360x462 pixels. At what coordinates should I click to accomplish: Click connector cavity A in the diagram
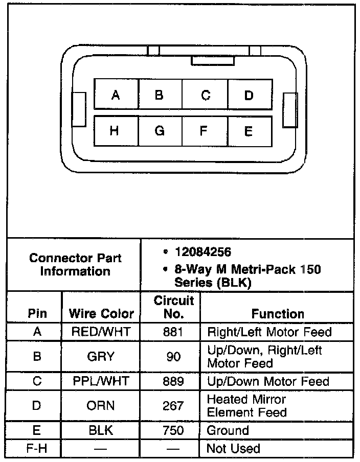116,95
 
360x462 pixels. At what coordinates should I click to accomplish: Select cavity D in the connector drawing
249,95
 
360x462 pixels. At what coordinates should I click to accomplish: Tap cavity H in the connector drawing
115,131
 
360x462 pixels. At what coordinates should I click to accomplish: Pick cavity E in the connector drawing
249,131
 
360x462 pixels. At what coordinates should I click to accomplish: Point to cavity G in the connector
160,131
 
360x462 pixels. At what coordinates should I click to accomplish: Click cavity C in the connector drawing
205,95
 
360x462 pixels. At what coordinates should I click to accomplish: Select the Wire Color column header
101,313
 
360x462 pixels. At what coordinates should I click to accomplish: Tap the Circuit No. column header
173,307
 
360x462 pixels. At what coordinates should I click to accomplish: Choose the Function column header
278,314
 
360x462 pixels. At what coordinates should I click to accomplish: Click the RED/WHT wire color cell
101,332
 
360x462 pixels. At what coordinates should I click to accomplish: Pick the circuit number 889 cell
173,381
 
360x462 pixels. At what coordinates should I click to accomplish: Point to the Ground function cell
228,430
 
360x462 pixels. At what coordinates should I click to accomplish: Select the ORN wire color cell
101,405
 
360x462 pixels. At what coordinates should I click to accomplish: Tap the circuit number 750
173,430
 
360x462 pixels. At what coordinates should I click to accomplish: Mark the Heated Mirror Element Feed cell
246,405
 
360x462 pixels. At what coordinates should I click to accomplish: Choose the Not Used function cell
233,448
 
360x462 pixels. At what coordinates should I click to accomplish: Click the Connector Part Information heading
75,264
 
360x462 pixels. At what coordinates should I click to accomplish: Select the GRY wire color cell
101,356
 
